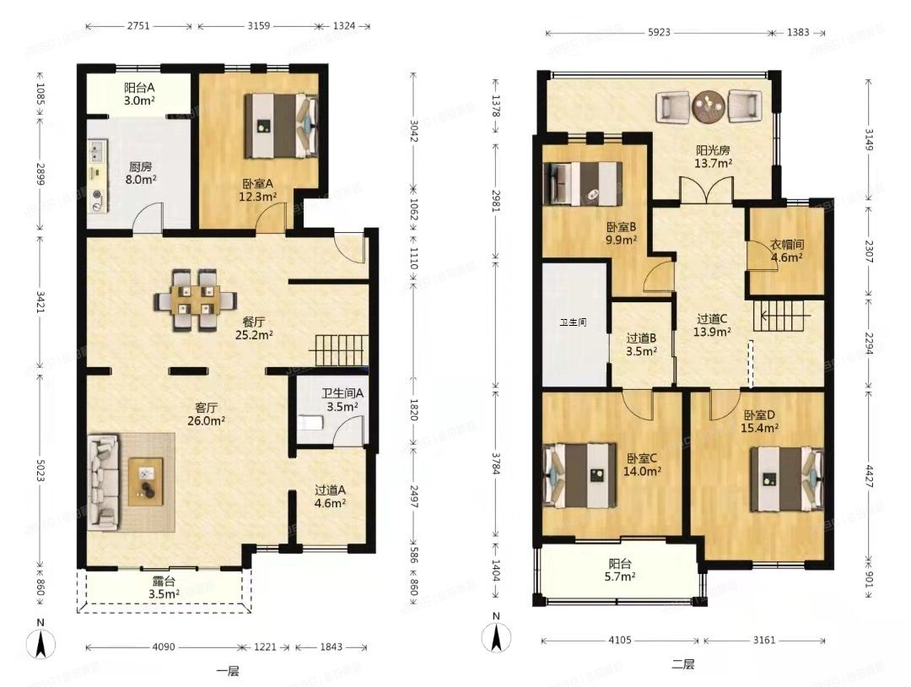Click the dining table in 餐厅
coord(195,300)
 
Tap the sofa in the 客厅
coord(103,482)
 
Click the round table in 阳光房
coord(709,106)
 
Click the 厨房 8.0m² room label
coord(141,173)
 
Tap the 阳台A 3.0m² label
coord(139,95)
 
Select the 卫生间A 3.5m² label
coord(342,400)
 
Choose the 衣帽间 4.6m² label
coord(787,251)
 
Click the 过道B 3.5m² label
coord(641,344)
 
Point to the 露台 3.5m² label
coord(164,587)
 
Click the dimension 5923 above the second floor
coord(659,33)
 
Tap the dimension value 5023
coord(40,469)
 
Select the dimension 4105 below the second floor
coord(619,640)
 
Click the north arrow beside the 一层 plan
coord(40,645)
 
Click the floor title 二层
coord(682,663)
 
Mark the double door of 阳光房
coord(706,190)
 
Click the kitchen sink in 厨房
coord(96,152)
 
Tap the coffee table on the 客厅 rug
coord(145,482)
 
